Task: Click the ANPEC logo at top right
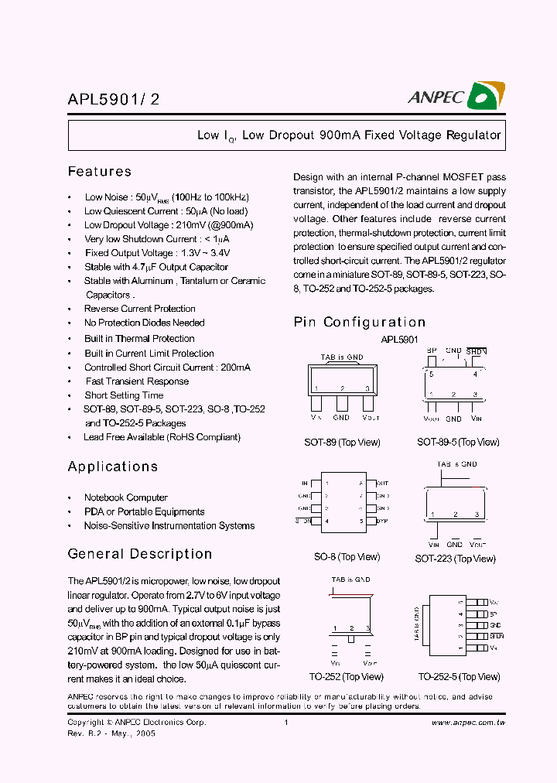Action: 456,96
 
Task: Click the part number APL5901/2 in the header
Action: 114,99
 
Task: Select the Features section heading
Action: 100,172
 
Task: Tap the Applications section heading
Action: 113,467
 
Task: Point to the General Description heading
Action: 140,554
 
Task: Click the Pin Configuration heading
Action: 360,323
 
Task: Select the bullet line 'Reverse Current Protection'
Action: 139,309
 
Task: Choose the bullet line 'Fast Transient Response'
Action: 137,381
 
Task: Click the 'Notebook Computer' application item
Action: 125,497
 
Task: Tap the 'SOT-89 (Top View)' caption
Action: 342,443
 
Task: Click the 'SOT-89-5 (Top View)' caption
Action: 458,443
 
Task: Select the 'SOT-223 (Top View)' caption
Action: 455,559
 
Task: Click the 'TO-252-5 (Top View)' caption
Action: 459,677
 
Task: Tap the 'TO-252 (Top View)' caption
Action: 347,677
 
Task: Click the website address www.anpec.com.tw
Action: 468,723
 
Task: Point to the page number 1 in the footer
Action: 286,723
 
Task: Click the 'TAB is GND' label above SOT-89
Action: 342,357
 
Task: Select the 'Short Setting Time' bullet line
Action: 124,395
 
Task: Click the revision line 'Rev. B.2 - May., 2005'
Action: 111,733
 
